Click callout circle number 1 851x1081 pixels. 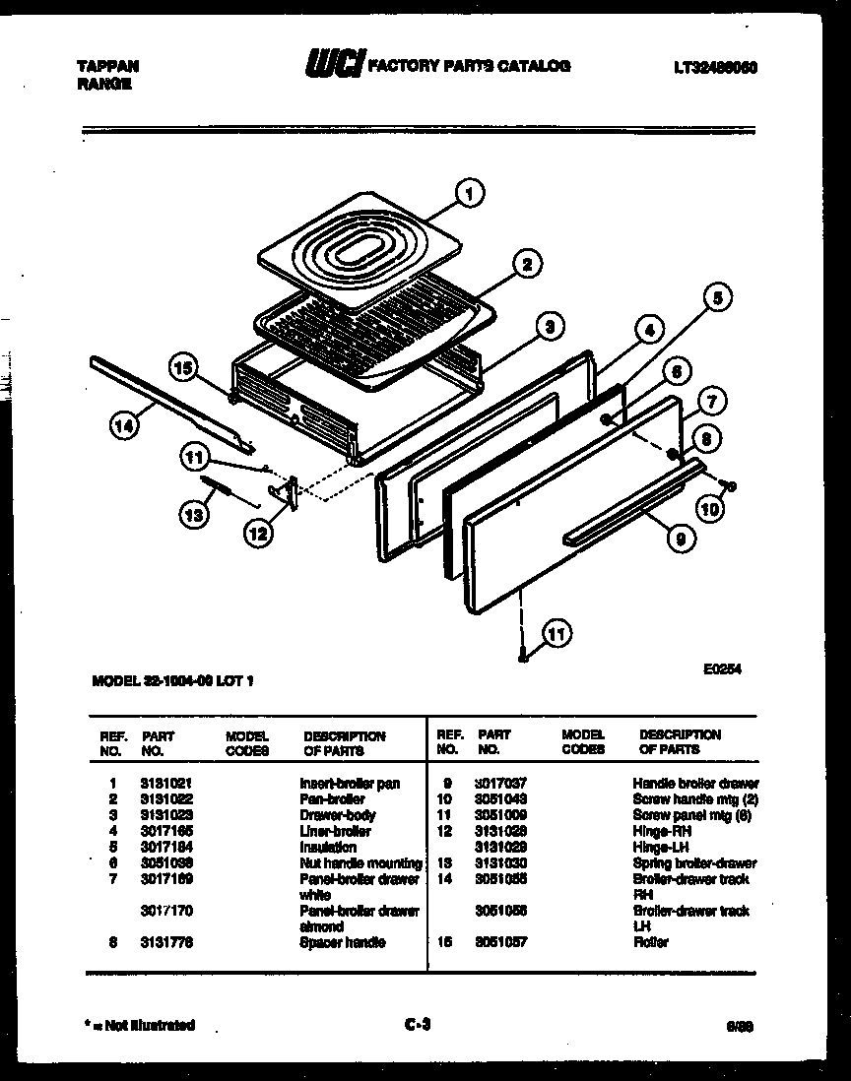point(469,194)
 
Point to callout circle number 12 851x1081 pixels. point(258,535)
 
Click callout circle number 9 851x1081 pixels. point(680,538)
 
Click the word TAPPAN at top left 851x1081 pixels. point(107,66)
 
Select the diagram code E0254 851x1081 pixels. point(722,668)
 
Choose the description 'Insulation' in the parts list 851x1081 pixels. point(328,847)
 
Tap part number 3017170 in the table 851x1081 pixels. point(165,911)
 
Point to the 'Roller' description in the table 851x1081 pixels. point(650,942)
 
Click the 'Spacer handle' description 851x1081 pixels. point(343,942)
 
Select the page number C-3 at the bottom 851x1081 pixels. point(419,1025)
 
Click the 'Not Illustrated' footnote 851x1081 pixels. point(144,1025)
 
